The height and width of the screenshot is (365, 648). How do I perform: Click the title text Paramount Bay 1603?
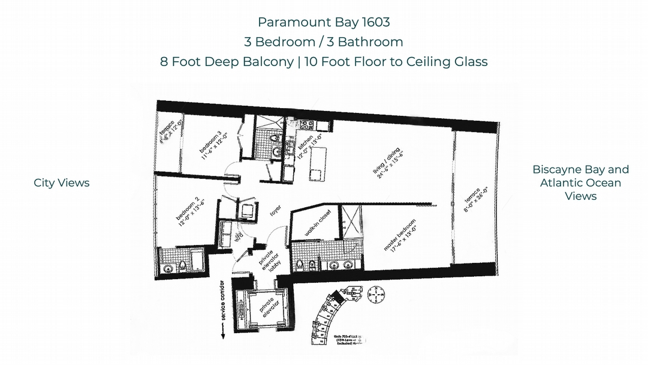point(324,22)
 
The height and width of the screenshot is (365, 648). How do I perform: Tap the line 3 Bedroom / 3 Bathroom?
point(324,42)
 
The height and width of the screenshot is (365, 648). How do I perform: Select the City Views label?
point(62,183)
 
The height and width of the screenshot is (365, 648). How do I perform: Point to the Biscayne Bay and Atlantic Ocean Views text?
point(580,182)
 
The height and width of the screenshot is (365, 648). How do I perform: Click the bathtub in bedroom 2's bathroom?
point(195,262)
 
